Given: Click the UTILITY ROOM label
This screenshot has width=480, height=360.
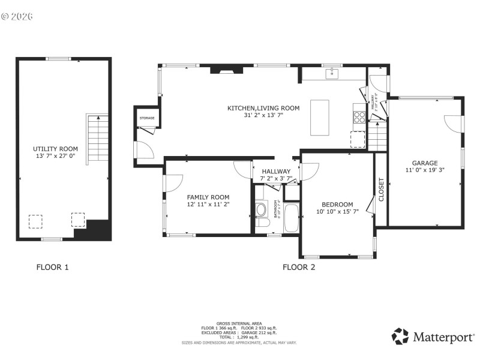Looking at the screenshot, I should [x=55, y=148].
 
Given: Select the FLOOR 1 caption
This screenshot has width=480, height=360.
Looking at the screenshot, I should [x=53, y=267].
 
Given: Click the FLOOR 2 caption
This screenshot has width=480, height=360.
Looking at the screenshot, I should [x=299, y=267].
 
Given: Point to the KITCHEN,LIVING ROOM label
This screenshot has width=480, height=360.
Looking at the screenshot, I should [x=263, y=108].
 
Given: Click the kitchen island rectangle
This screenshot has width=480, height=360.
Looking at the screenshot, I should [x=320, y=118].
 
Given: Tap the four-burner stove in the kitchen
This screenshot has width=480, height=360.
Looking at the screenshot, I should [x=359, y=117].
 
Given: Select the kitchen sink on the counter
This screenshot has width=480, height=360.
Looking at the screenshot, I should [x=331, y=74].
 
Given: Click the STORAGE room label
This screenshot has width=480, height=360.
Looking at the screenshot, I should [x=147, y=118].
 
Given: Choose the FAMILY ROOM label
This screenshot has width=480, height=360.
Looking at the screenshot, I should [x=208, y=197].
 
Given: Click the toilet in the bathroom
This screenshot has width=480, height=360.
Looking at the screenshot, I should [x=262, y=211].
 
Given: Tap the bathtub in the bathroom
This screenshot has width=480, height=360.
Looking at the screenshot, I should [x=291, y=218].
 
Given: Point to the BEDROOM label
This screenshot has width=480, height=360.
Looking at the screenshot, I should [x=337, y=204].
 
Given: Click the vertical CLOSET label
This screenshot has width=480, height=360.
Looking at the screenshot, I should [x=381, y=190].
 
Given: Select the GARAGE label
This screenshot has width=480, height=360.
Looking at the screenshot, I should [x=424, y=163].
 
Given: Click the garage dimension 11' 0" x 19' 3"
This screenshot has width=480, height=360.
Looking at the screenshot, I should [x=424, y=170].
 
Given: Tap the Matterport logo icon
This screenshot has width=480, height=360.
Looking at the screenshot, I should [x=400, y=336].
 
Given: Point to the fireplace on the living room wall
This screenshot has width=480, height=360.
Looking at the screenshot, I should [x=227, y=70].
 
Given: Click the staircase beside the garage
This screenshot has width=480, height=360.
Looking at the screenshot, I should [x=377, y=137].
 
